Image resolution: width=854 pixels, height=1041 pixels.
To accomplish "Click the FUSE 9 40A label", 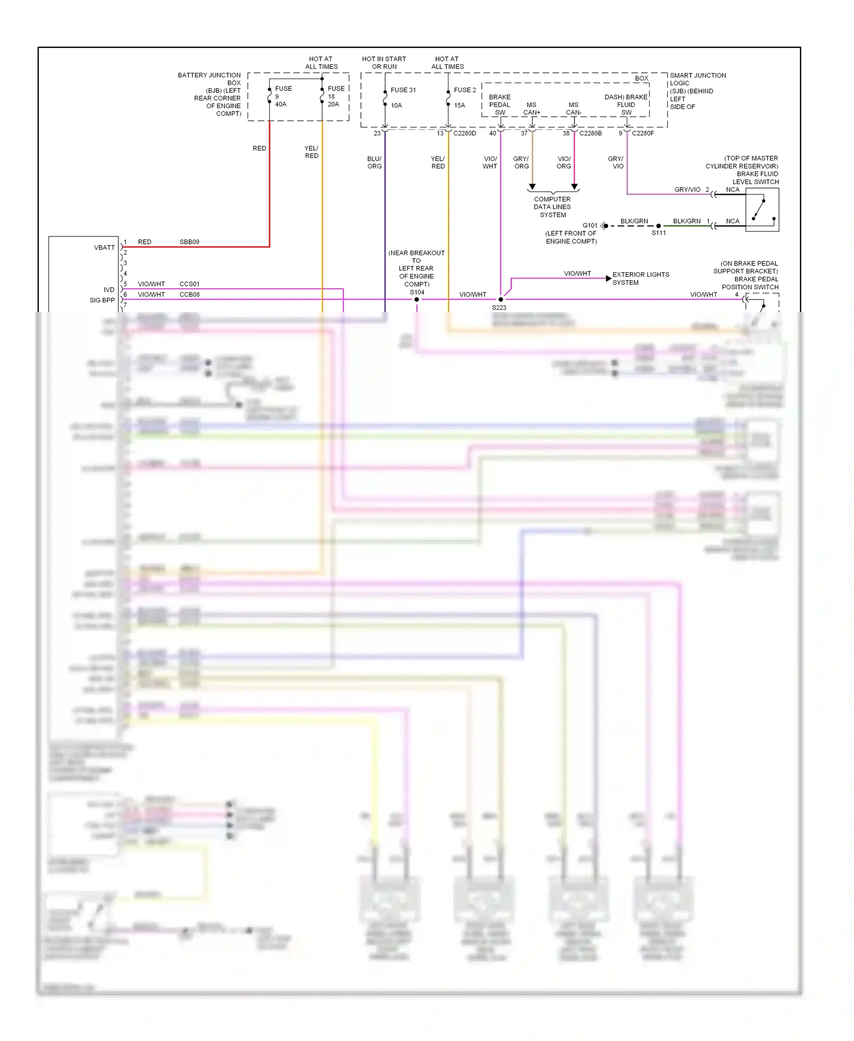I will point(282,96).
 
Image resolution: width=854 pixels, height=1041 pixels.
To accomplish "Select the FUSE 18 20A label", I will point(335,96).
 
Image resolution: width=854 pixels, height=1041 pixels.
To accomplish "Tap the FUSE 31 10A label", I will point(403,97).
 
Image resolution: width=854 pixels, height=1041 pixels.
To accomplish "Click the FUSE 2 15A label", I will point(464,97).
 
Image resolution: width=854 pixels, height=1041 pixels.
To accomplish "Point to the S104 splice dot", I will point(417,300).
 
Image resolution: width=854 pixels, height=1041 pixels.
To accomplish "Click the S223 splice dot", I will point(501,300).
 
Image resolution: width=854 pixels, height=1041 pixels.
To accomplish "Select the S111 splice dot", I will point(659,226).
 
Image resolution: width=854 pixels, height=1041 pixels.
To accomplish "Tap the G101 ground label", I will point(590,226).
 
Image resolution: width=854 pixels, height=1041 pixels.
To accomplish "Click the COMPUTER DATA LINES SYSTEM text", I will point(552,207).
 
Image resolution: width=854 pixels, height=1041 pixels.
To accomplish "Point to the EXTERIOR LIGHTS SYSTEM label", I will point(640,278).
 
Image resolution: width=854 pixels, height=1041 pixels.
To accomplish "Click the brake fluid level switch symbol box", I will point(762,210).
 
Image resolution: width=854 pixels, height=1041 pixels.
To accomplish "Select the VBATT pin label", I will point(104,248).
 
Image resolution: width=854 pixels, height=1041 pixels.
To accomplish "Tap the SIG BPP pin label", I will point(102,300).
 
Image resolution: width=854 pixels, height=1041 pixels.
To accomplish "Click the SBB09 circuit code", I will point(189,242).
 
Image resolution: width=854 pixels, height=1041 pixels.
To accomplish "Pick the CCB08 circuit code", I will point(189,294).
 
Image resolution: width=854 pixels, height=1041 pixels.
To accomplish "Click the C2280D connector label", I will point(465,133).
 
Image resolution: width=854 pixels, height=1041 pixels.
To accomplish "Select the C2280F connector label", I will point(643,133).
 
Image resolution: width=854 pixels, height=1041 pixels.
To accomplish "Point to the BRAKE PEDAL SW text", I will point(499,105).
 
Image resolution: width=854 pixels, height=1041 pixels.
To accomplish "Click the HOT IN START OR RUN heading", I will point(384,63).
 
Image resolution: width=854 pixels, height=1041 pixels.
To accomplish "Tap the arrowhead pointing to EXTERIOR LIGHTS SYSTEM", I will point(609,278).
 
